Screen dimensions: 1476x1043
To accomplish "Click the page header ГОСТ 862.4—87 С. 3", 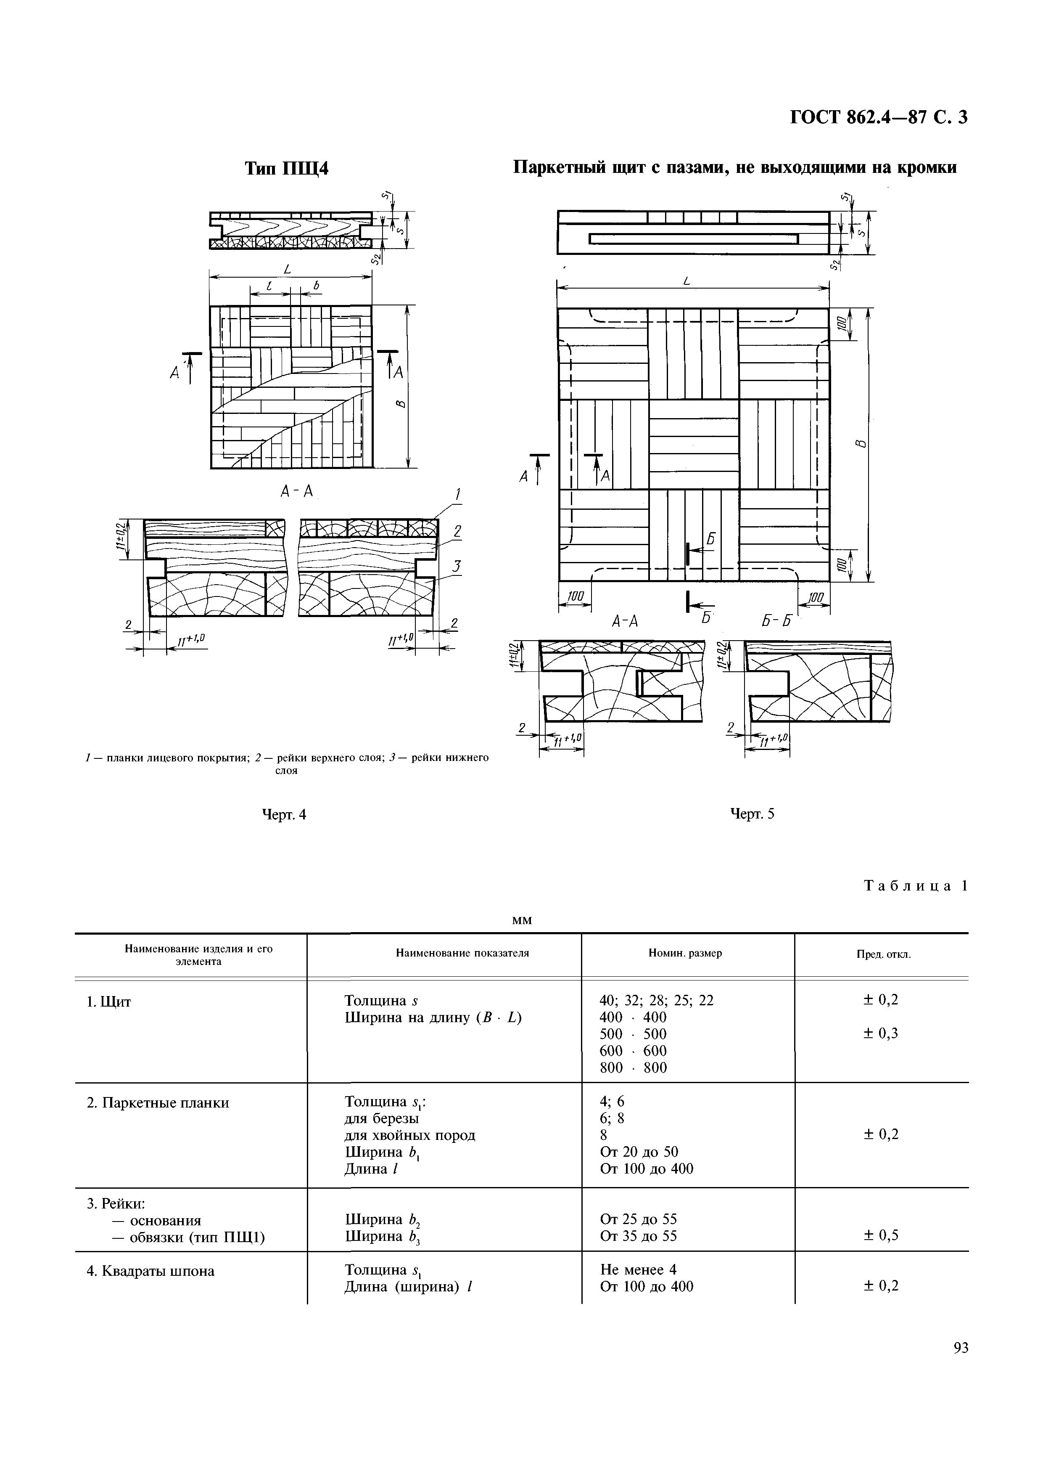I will tap(877, 118).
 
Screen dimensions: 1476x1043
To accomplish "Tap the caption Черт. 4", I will tap(284, 814).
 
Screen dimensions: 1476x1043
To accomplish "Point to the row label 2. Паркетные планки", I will tap(158, 1102).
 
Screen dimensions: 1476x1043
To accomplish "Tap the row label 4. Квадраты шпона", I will tap(151, 1271).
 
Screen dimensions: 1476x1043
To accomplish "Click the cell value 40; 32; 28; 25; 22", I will tap(656, 1000).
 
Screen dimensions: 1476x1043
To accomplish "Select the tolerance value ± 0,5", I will tap(881, 1235).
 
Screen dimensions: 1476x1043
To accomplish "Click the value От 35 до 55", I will tap(638, 1235).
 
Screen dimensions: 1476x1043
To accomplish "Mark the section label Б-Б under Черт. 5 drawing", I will tap(775, 622).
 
